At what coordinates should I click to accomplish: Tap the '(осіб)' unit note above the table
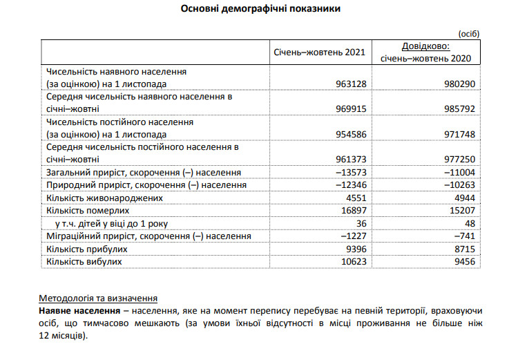(468, 33)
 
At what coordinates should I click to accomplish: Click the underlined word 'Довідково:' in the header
(425, 47)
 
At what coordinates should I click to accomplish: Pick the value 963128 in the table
(349, 84)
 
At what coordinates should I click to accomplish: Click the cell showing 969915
(349, 108)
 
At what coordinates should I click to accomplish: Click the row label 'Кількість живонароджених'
(104, 198)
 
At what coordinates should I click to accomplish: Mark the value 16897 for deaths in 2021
(352, 210)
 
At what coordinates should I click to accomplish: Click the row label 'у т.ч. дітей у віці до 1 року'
(111, 223)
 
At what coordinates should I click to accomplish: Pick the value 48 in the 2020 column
(472, 223)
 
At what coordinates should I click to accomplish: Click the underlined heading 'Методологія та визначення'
(97, 299)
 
